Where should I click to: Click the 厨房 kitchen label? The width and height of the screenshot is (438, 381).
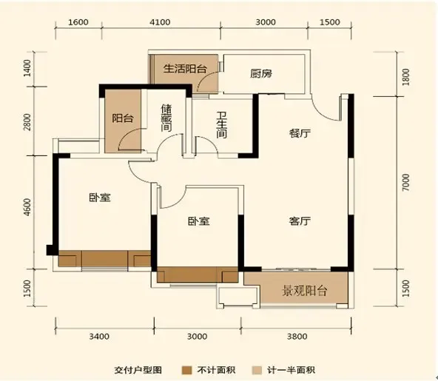point(262,73)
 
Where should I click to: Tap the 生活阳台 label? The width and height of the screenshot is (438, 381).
point(184,69)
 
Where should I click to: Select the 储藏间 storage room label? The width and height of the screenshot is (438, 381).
point(167,116)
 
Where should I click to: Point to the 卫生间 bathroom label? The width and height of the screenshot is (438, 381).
point(221,124)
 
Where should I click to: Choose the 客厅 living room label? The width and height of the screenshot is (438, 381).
point(299,221)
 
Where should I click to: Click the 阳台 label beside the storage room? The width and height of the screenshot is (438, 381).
point(121,118)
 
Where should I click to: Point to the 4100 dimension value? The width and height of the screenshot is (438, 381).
point(161,22)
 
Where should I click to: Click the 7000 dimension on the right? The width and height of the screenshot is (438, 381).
point(405,181)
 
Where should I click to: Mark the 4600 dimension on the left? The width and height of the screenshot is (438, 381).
point(27,206)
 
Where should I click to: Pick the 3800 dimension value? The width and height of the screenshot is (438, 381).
point(296,337)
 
